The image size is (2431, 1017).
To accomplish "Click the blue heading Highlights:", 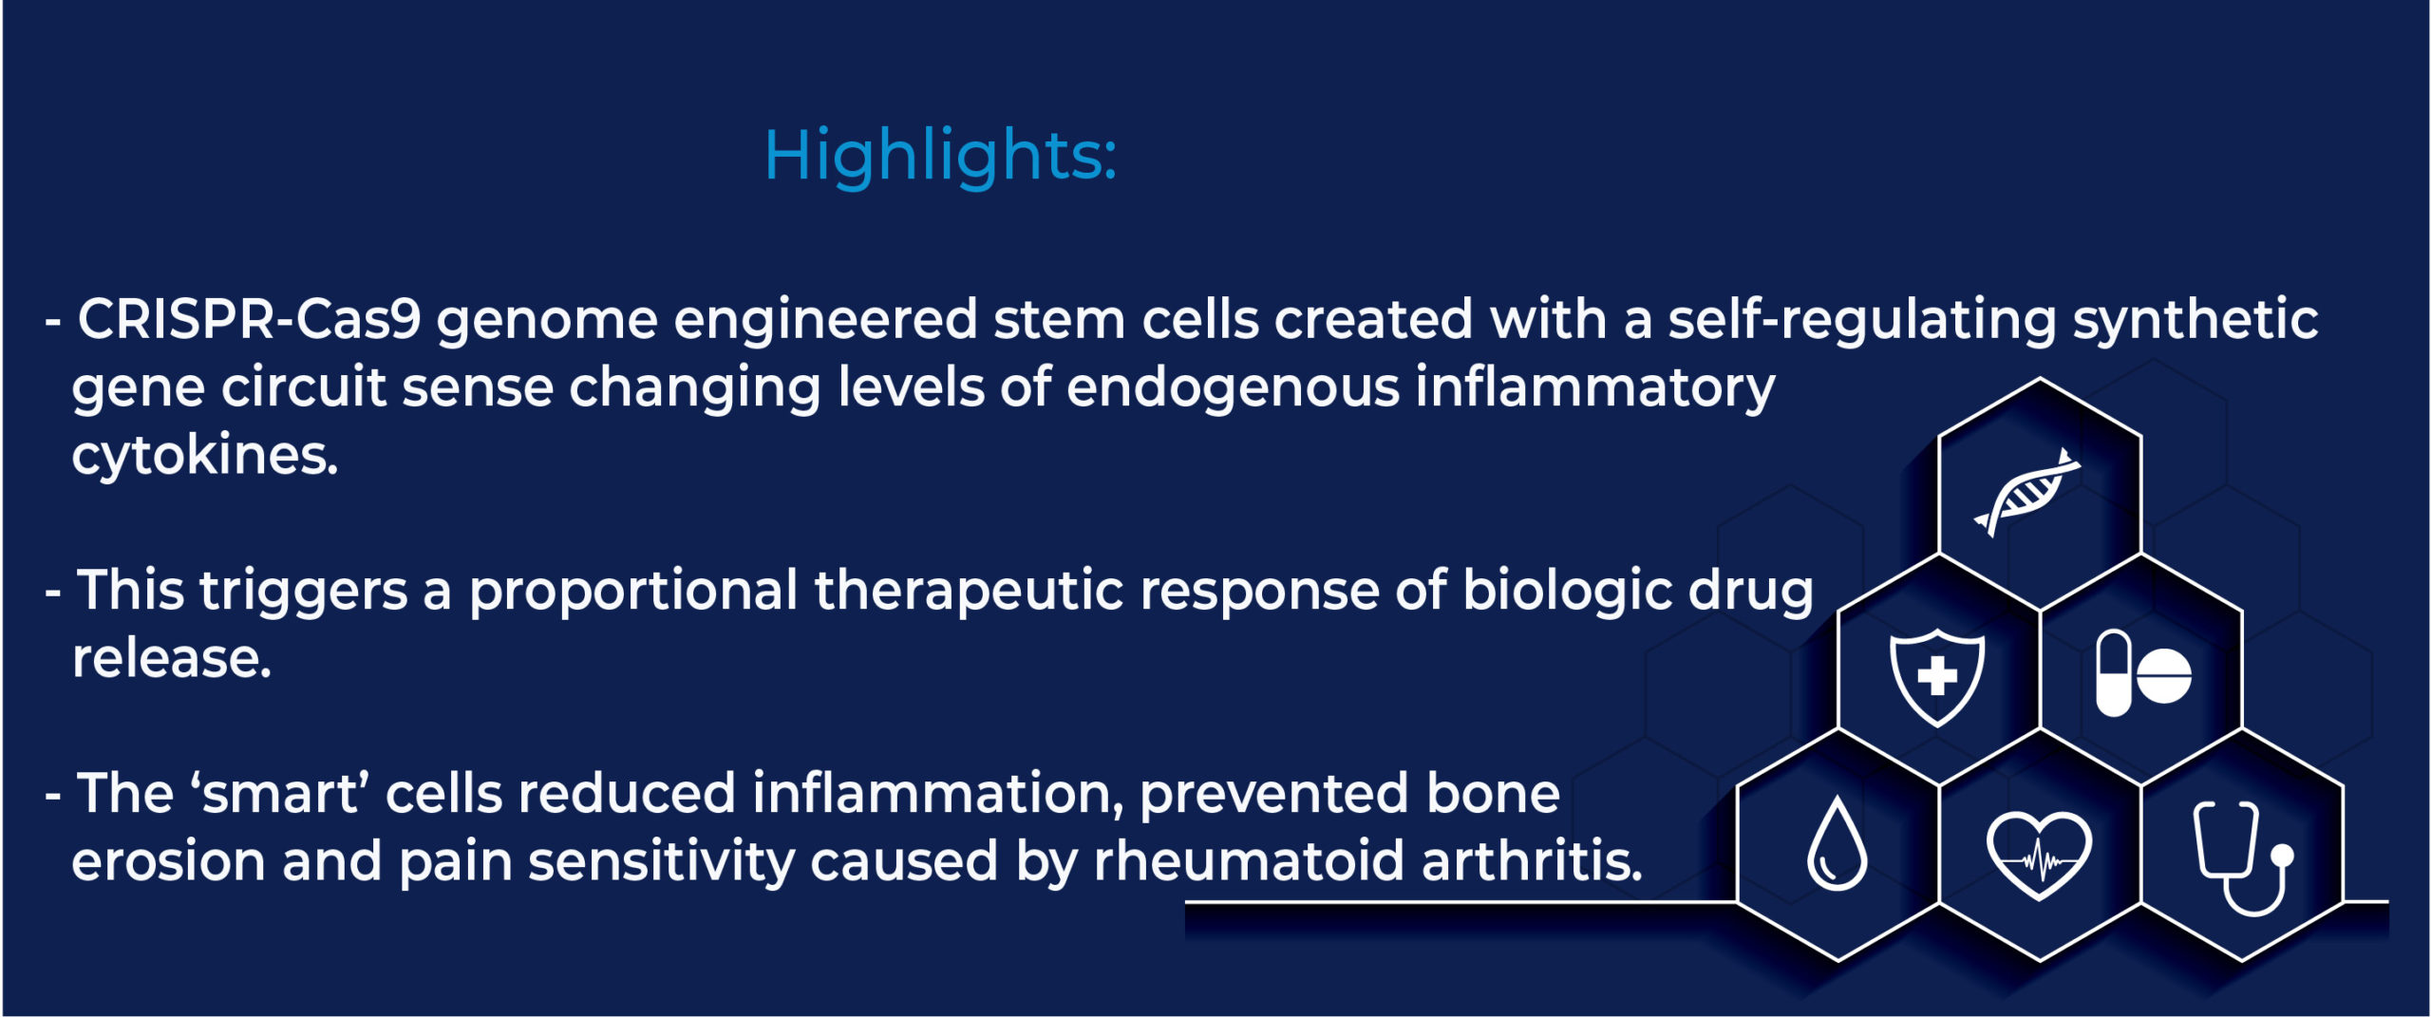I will tap(939, 156).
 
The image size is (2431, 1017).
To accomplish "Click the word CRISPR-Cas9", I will tap(249, 320).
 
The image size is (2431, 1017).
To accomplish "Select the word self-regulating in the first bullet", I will tap(1861, 320).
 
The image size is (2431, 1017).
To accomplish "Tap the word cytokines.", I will tap(204, 457).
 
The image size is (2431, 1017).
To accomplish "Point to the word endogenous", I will tap(1233, 388).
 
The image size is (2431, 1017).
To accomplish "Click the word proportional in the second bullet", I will tap(633, 591).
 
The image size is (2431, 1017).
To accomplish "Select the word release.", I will tap(172, 659).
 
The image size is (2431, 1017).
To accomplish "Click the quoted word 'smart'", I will tap(280, 794).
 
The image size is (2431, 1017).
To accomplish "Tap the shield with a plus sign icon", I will tap(1936, 676).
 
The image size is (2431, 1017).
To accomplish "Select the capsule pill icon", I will tap(2114, 674).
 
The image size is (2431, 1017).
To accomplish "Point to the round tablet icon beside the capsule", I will tap(2164, 676).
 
